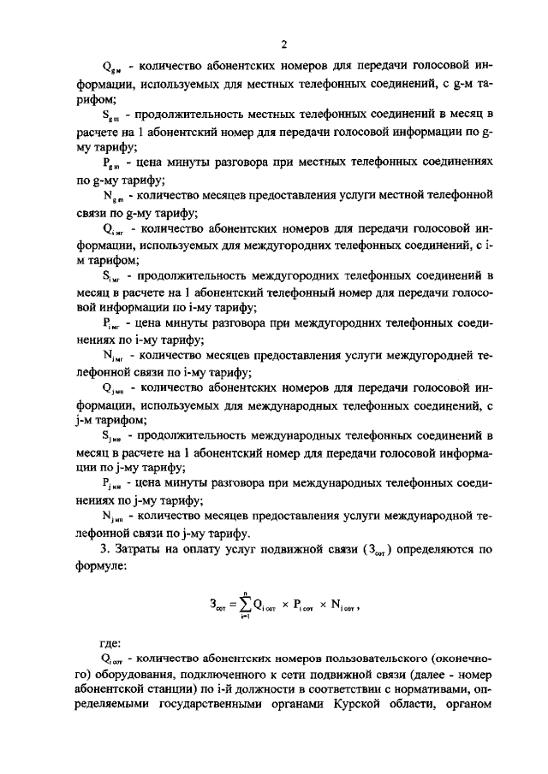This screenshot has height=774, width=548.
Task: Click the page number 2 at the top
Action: [x=283, y=43]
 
